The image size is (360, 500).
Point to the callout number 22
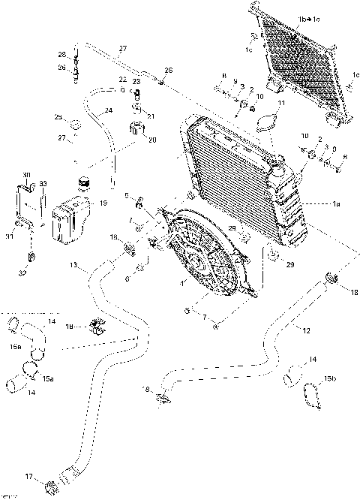tap(121, 80)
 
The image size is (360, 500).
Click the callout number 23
tap(136, 81)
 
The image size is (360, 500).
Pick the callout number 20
tap(152, 140)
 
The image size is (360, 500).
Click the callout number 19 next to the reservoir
tap(103, 203)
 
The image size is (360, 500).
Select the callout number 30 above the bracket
tap(27, 176)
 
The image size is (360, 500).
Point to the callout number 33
tap(43, 184)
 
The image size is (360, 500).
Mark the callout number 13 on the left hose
tap(73, 265)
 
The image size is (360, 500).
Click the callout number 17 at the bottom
tap(29, 476)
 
